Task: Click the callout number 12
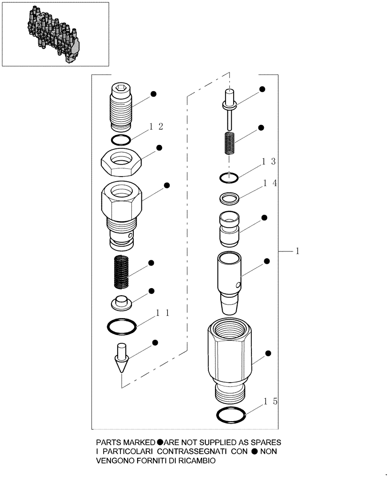point(157,126)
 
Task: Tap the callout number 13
point(268,162)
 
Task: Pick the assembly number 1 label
point(297,250)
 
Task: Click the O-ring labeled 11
point(121,327)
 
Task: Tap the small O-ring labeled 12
point(120,140)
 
